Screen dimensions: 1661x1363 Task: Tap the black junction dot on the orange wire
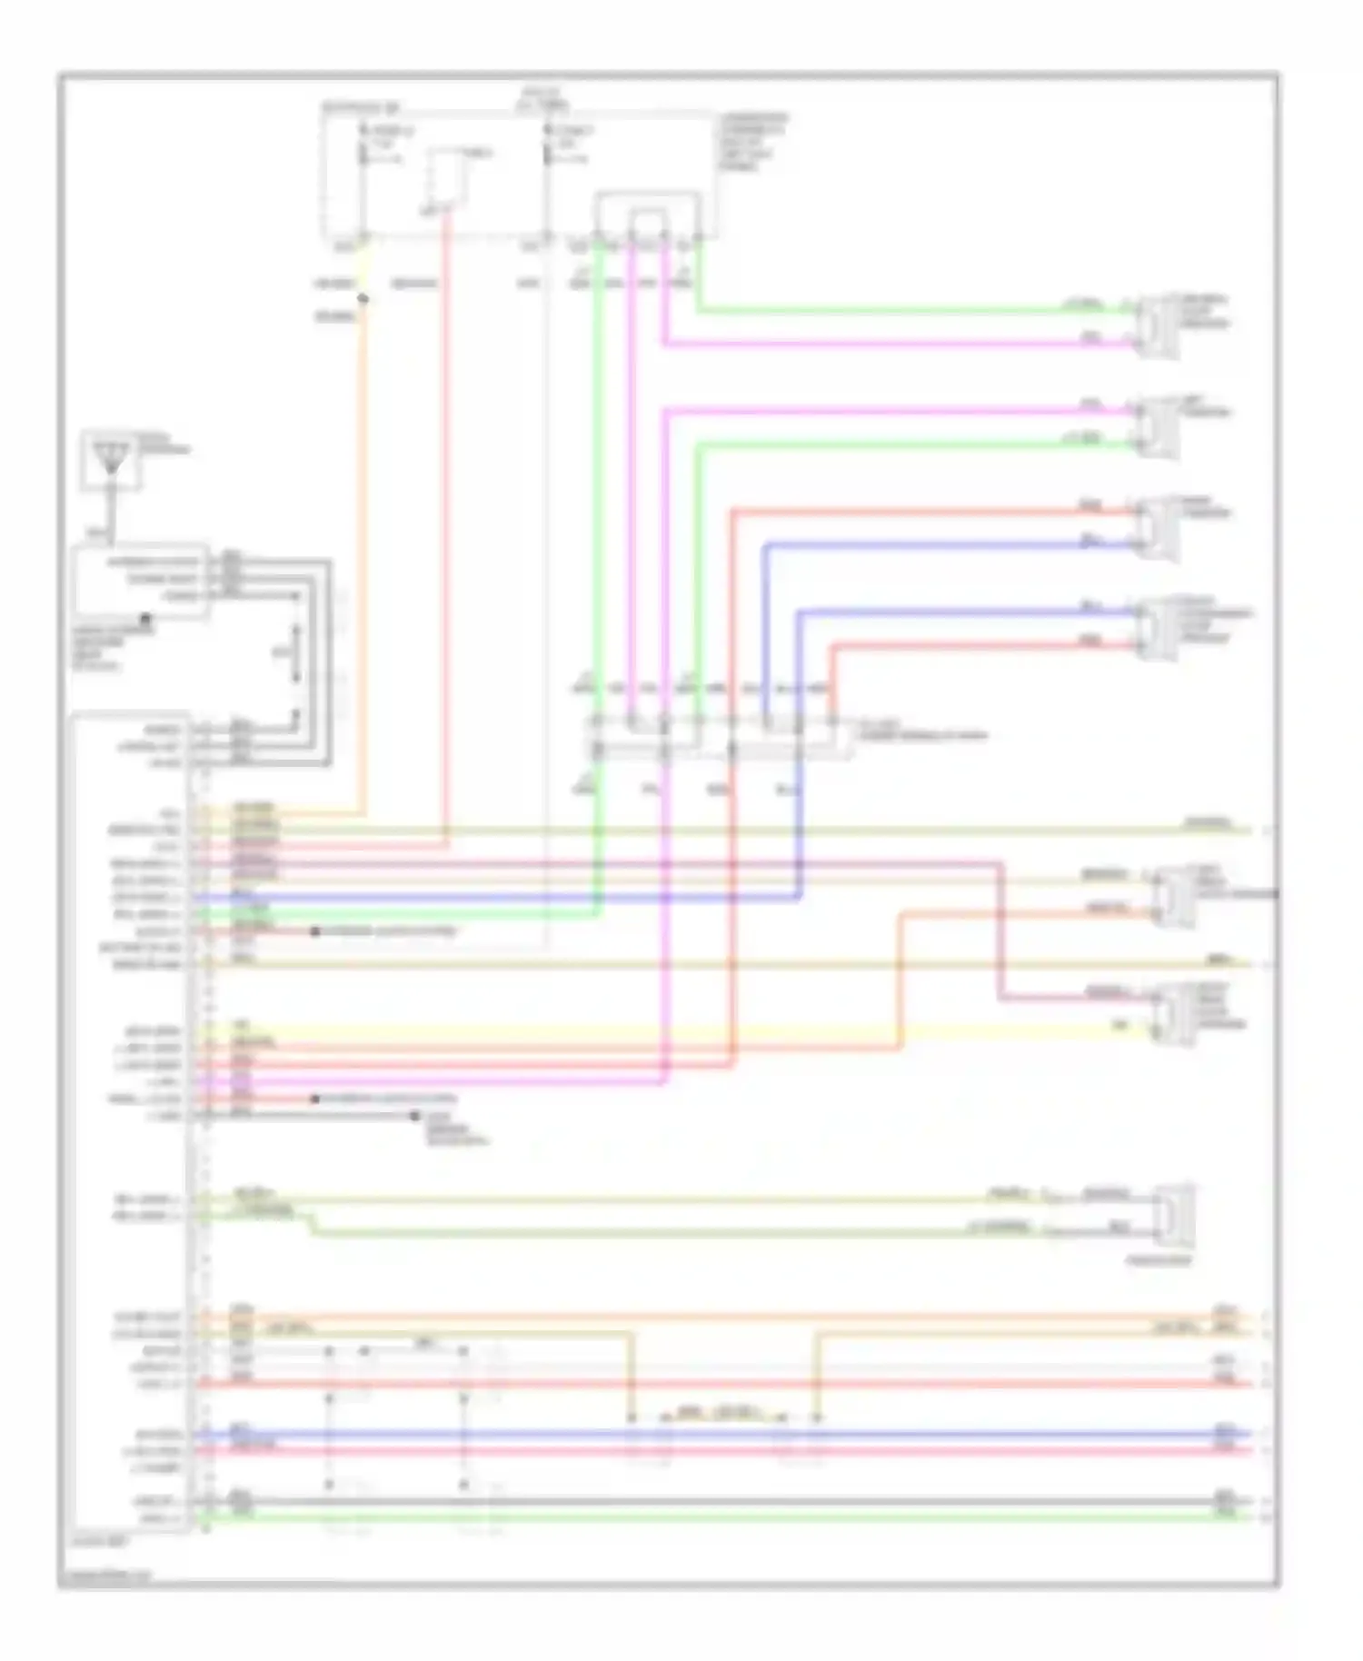(x=363, y=298)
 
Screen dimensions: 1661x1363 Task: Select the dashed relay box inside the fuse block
(x=448, y=177)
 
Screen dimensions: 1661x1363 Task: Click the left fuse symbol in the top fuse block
(x=363, y=145)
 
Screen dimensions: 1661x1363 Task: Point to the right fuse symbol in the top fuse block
(x=548, y=145)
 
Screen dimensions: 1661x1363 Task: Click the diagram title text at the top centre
(x=542, y=98)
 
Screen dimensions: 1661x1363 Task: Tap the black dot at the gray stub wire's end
(x=415, y=1115)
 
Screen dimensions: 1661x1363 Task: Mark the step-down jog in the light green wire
(x=312, y=1224)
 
